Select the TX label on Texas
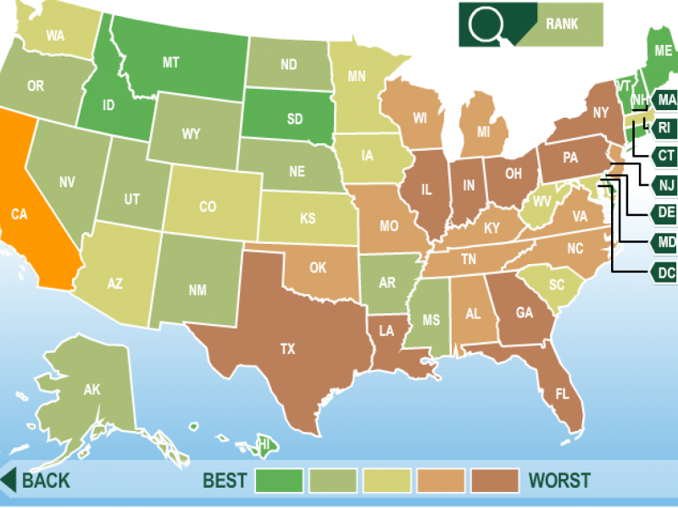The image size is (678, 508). (x=287, y=348)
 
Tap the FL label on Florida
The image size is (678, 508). (x=562, y=394)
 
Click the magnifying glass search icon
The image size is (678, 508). (x=487, y=24)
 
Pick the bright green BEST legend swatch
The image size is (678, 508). (x=279, y=481)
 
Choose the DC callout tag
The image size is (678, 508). (x=665, y=273)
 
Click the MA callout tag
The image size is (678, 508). (x=666, y=99)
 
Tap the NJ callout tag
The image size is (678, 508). (x=665, y=185)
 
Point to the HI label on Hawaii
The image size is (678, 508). (x=265, y=444)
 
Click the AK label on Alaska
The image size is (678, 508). (x=92, y=390)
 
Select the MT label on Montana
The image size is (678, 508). (x=170, y=62)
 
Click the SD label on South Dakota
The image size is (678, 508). (x=294, y=119)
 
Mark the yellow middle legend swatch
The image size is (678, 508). (x=387, y=481)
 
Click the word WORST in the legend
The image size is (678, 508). (x=559, y=481)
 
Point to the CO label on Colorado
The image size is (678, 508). (x=208, y=207)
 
